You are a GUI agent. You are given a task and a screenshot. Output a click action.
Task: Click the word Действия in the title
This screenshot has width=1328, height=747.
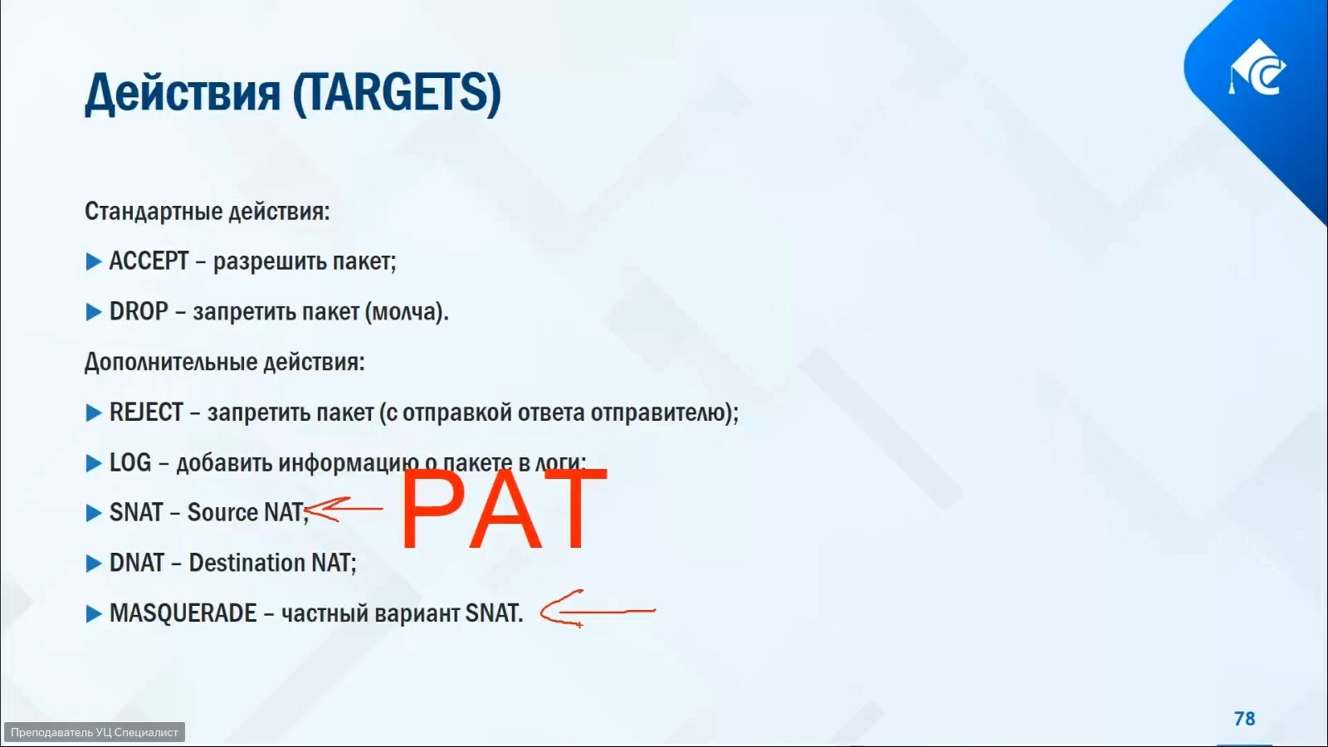(182, 94)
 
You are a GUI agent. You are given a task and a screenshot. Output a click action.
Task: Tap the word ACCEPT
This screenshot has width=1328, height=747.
(149, 261)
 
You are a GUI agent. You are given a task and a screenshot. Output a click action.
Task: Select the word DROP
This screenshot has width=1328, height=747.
(139, 311)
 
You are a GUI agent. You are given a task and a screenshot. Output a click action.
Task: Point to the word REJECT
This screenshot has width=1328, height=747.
(146, 412)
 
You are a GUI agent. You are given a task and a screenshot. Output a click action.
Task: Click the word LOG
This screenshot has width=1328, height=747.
(130, 462)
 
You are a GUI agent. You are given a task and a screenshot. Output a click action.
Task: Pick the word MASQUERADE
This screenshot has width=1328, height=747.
(183, 613)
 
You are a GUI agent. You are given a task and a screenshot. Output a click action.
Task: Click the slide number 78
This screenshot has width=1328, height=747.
(1244, 719)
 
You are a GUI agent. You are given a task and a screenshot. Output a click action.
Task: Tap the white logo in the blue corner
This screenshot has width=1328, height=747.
(1257, 67)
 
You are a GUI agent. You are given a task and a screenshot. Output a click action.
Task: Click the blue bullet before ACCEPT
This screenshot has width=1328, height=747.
(94, 261)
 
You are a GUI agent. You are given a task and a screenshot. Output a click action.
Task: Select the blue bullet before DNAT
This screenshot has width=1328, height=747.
(94, 564)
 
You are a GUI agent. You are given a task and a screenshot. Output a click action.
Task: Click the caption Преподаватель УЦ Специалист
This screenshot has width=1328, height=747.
(95, 732)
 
